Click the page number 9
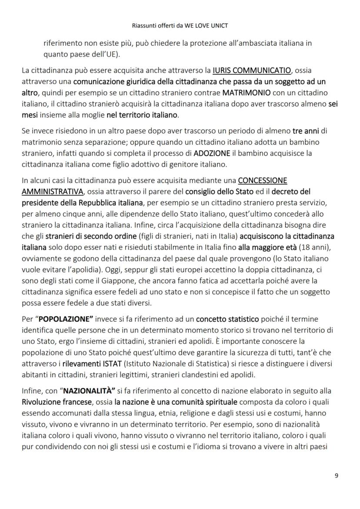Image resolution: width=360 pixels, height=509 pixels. (x=336, y=475)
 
